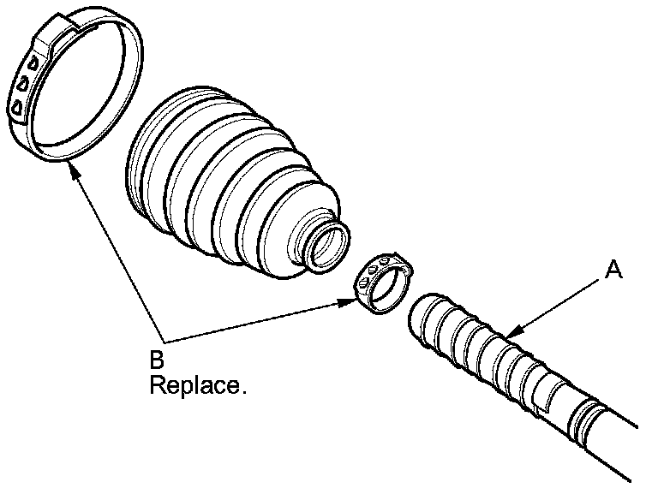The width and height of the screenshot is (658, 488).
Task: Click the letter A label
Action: click(x=613, y=271)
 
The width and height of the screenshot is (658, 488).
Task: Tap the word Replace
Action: click(x=197, y=385)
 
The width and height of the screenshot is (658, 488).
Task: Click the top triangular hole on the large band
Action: click(x=31, y=63)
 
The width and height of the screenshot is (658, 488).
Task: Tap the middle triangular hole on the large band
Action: click(x=23, y=84)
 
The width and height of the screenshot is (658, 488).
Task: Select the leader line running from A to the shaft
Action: click(x=557, y=303)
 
